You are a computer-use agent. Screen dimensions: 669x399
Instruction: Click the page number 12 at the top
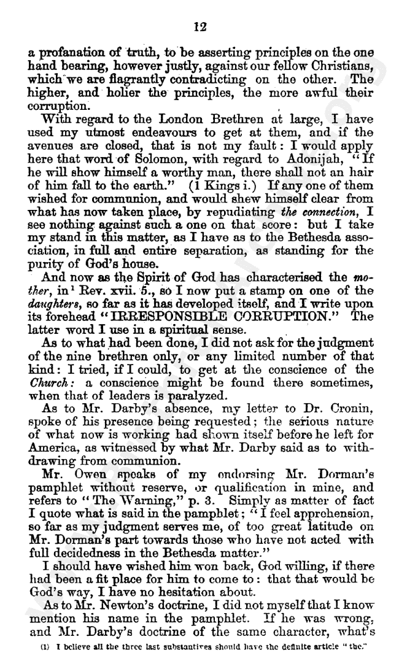pos(199,26)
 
